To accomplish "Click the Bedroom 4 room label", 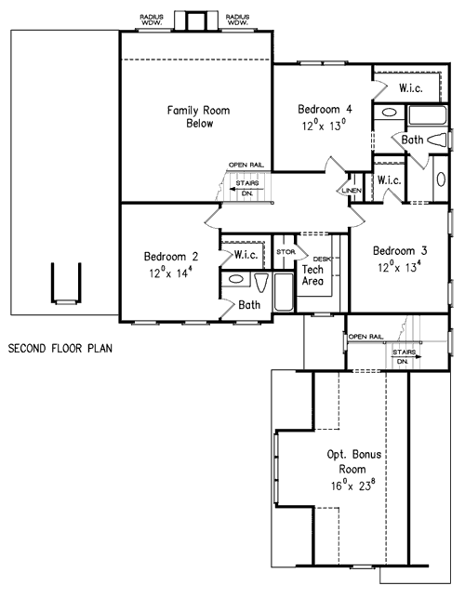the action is (x=325, y=109).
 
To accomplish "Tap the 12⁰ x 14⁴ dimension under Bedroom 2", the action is (x=170, y=273).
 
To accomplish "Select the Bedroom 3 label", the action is (x=400, y=250).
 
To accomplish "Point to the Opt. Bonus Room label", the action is (x=353, y=461).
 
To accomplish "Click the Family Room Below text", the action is (x=199, y=116).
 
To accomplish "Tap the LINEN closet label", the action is (x=352, y=191).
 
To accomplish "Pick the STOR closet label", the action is (x=286, y=252).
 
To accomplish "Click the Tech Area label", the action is (x=312, y=275).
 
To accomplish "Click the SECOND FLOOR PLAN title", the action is (x=60, y=349).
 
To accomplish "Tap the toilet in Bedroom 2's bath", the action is (x=261, y=283).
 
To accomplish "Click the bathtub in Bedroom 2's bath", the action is (x=284, y=292).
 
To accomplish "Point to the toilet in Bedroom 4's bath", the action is (x=437, y=140).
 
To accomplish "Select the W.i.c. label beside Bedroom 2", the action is (x=246, y=255).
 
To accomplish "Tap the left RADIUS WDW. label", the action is (x=152, y=20).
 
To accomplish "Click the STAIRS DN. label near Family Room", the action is (x=247, y=188).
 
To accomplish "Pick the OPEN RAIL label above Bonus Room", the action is (x=365, y=337).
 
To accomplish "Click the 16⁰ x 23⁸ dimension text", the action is (x=352, y=485).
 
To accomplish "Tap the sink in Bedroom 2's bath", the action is (x=235, y=279).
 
